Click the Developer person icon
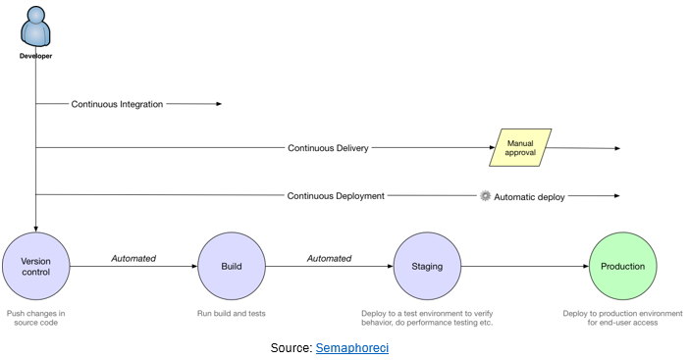[35, 27]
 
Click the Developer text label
[35, 56]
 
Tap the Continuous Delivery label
[328, 148]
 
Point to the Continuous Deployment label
[335, 196]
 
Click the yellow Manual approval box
[520, 148]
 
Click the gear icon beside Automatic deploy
[485, 196]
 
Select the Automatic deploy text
[529, 196]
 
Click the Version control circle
[35, 266]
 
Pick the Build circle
[231, 266]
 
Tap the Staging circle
[427, 266]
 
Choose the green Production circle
[622, 266]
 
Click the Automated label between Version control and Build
[132, 259]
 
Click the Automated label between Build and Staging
[329, 259]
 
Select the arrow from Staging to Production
[524, 266]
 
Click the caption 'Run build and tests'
[231, 314]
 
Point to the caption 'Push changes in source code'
[35, 319]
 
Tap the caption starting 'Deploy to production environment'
[622, 319]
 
